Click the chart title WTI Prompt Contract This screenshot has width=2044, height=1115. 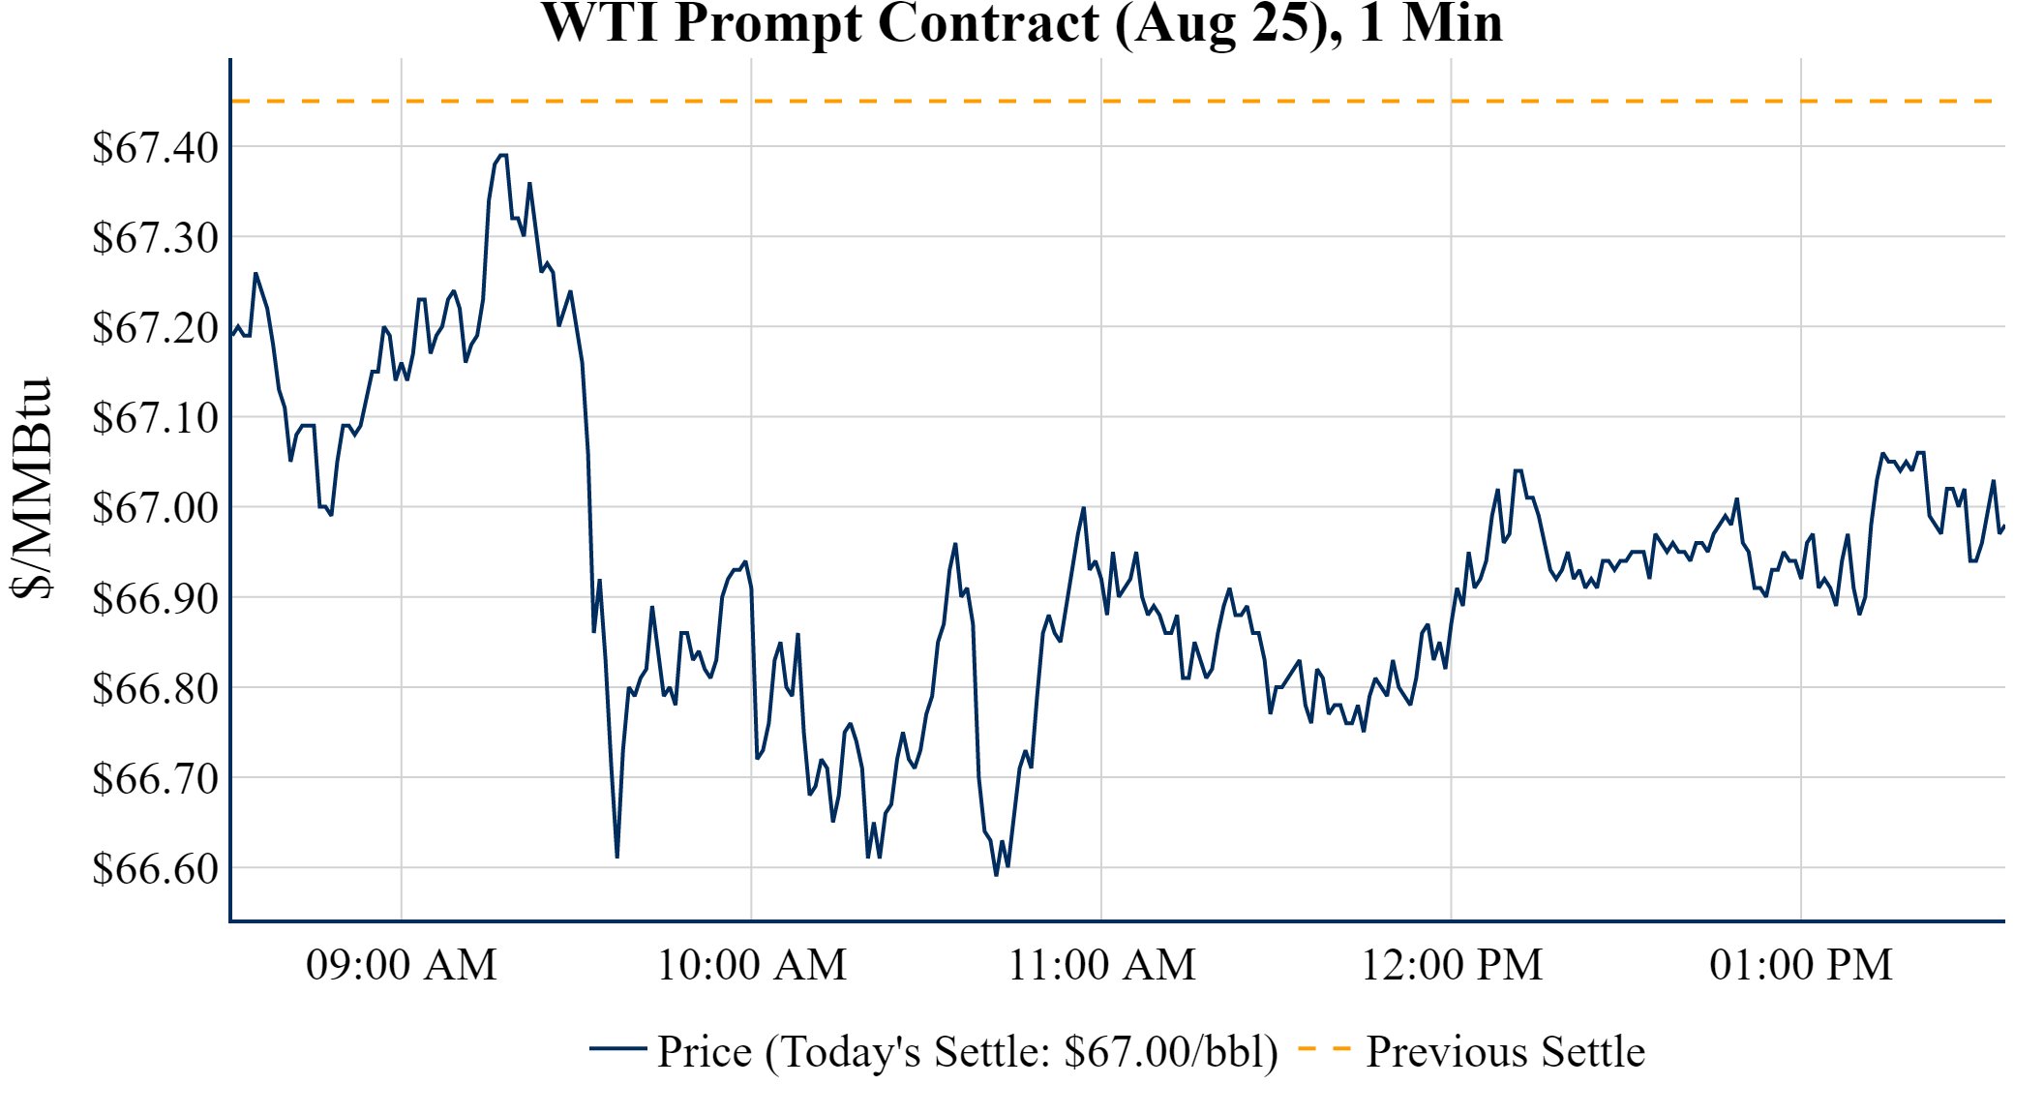tap(1021, 23)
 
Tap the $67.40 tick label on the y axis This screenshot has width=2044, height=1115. tap(155, 148)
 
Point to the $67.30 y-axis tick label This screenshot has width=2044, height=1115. tap(155, 238)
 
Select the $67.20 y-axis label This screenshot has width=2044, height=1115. tap(155, 328)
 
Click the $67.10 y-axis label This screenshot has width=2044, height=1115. tap(155, 418)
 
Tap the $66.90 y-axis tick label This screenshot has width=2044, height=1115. tap(155, 598)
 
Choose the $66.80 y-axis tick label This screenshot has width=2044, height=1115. tap(155, 688)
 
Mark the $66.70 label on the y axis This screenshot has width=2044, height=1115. tap(155, 778)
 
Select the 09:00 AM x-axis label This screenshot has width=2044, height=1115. tap(402, 965)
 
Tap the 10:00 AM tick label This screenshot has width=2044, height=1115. tap(752, 965)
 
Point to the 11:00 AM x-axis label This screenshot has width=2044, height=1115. tap(1102, 965)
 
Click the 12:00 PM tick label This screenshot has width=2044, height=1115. tap(1452, 965)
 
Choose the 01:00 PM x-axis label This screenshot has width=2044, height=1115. tap(1801, 965)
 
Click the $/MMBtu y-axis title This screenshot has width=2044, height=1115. tap(31, 489)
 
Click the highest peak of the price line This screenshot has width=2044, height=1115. tap(502, 155)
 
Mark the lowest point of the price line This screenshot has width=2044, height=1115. tap(996, 875)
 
